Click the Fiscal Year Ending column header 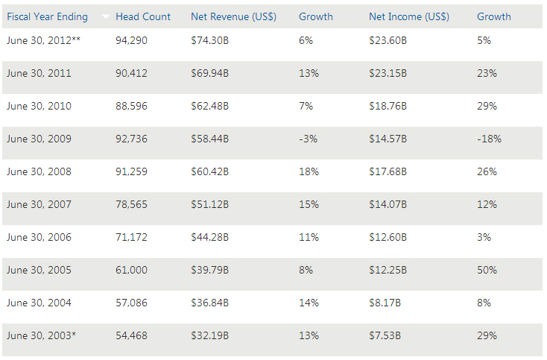(x=47, y=16)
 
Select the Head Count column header (x=143, y=16)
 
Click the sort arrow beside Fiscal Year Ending (x=106, y=16)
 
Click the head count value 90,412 (x=132, y=73)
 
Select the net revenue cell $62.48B (x=209, y=106)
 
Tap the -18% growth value (x=489, y=139)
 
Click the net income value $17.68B (x=388, y=171)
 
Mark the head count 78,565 (x=132, y=204)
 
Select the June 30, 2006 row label (x=39, y=237)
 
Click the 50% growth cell (x=487, y=270)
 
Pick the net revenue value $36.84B (x=209, y=303)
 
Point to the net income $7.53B (x=386, y=335)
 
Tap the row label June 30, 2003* (x=41, y=335)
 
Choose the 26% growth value (x=487, y=171)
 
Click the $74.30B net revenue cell (x=209, y=40)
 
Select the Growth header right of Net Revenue (x=316, y=16)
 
